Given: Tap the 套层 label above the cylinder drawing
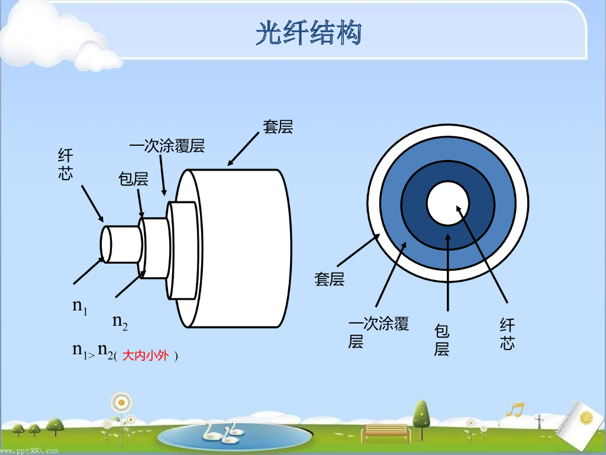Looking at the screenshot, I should pos(278,127).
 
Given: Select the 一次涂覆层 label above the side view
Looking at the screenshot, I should pos(167,146).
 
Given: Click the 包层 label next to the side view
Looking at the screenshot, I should pos(133,179).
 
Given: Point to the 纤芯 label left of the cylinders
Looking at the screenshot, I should pos(65,165).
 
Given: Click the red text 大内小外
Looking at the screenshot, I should pos(146,356).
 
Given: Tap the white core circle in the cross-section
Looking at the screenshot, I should pos(448,204).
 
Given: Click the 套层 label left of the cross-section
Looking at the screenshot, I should pos(328,279).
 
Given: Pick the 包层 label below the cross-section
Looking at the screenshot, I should pos(441,339).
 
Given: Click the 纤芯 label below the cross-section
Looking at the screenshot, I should pos(507,334).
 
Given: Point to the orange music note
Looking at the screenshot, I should pos(515,409).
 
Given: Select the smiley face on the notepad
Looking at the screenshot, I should pos(586,418).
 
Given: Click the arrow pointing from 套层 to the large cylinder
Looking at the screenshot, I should pos(243,148).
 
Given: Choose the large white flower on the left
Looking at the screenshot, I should pos(121,403).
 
